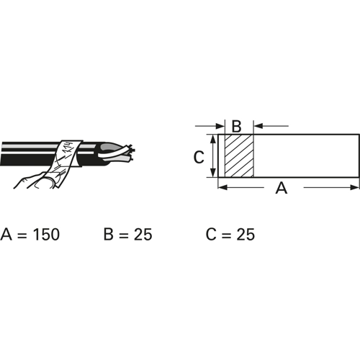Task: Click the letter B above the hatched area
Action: pyautogui.click(x=237, y=126)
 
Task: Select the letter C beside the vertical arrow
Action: pyautogui.click(x=199, y=157)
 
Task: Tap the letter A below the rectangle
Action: pyautogui.click(x=282, y=188)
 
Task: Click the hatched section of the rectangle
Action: pyautogui.click(x=239, y=156)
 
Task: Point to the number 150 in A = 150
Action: pyautogui.click(x=46, y=234)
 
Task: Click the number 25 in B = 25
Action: pyautogui.click(x=143, y=234)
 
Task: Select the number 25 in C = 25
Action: pyautogui.click(x=246, y=234)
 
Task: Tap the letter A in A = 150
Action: pyautogui.click(x=6, y=234)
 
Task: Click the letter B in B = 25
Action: pyautogui.click(x=109, y=234)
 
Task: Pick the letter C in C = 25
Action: pyautogui.click(x=211, y=234)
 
